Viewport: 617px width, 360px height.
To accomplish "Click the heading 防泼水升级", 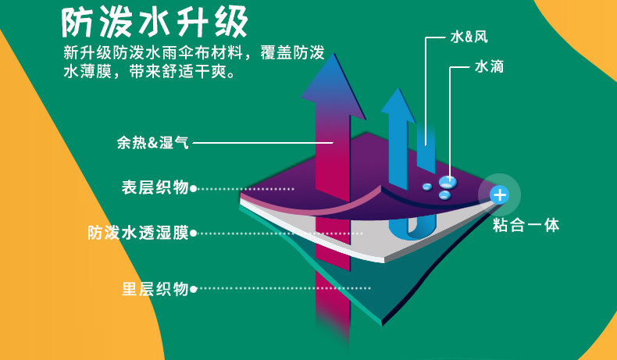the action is pos(155,23).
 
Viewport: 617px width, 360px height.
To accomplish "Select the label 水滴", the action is pos(488,67).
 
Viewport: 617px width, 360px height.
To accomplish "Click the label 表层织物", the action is pos(155,187).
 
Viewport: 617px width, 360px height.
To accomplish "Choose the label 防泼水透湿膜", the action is pos(137,233).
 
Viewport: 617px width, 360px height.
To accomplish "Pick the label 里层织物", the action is pos(155,288).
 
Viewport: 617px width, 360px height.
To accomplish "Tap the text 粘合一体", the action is pos(526,226).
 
